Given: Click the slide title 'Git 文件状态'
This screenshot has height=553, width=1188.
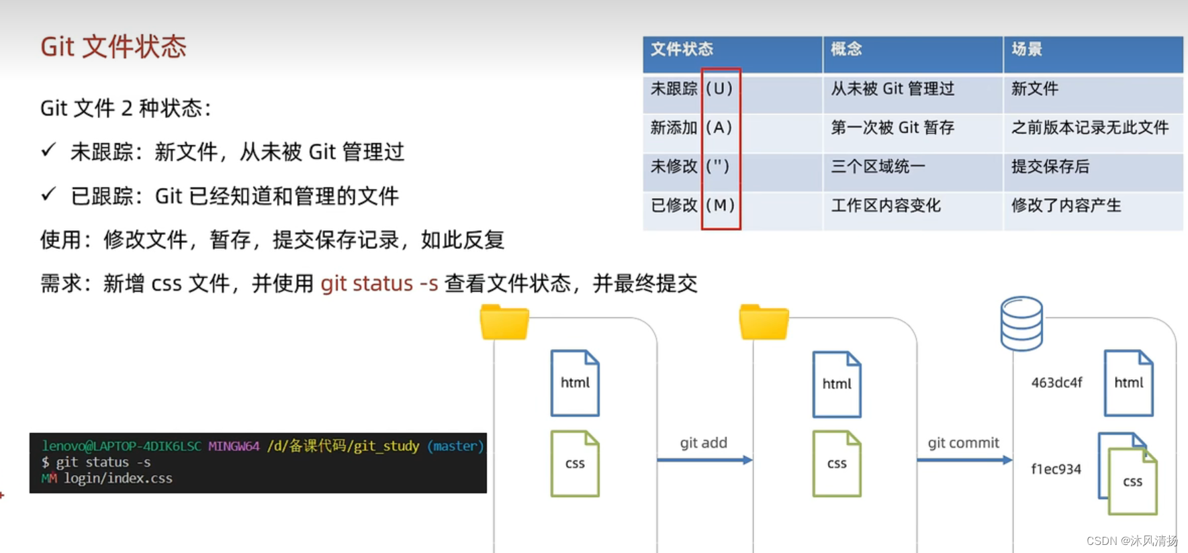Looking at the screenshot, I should pyautogui.click(x=113, y=47).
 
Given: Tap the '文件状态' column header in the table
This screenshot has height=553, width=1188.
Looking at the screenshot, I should pyautogui.click(x=682, y=49).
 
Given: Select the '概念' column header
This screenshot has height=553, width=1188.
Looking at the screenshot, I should pyautogui.click(x=846, y=49).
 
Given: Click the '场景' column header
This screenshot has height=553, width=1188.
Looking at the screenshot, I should pyautogui.click(x=1027, y=49).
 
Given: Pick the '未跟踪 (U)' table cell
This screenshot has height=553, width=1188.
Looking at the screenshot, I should pyautogui.click(x=691, y=89).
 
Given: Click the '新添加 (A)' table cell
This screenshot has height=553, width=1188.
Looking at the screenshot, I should pyautogui.click(x=691, y=128).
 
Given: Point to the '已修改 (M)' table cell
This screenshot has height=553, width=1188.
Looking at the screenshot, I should pyautogui.click(x=692, y=205).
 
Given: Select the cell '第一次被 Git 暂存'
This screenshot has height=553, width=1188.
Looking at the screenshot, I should pyautogui.click(x=893, y=128).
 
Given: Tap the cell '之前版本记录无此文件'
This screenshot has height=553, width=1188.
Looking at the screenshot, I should pyautogui.click(x=1090, y=128).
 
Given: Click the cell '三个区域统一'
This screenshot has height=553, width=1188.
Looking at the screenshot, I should pyautogui.click(x=878, y=166).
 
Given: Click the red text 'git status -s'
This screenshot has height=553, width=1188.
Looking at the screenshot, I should pyautogui.click(x=379, y=283).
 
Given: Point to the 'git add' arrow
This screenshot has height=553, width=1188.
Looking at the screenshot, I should pyautogui.click(x=704, y=460).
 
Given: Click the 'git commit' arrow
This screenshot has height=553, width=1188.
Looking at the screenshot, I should pyautogui.click(x=964, y=460).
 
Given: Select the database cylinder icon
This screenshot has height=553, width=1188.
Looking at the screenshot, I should pyautogui.click(x=1021, y=323).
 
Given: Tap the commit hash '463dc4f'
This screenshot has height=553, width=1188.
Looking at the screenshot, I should pyautogui.click(x=1056, y=383).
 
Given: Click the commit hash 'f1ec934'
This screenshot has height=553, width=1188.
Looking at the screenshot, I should pyautogui.click(x=1056, y=469).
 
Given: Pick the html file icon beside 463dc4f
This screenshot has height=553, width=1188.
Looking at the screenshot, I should pyautogui.click(x=1129, y=383).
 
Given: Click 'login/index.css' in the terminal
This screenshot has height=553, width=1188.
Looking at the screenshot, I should pyautogui.click(x=118, y=479).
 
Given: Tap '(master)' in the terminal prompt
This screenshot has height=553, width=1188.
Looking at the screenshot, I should pyautogui.click(x=455, y=446).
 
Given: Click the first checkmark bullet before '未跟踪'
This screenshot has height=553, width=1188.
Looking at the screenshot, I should pyautogui.click(x=48, y=150).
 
